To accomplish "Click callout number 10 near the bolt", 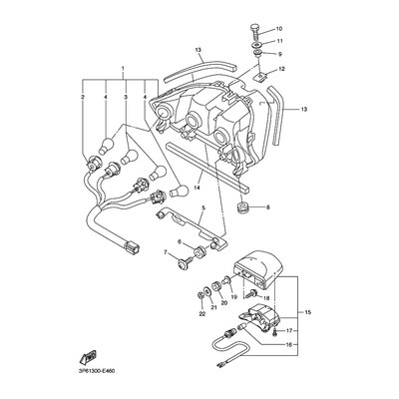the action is click(x=278, y=28).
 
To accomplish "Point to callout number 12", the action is click(x=282, y=69).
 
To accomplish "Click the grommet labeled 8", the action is click(x=244, y=207).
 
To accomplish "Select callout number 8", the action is click(x=268, y=207).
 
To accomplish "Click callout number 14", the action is click(x=197, y=188).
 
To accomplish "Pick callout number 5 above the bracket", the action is click(x=203, y=207).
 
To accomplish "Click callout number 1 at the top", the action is click(x=123, y=69).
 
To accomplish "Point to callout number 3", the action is click(x=126, y=97).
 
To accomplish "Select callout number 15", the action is click(x=308, y=312).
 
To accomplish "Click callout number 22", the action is click(x=202, y=313).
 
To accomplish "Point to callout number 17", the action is click(x=289, y=331).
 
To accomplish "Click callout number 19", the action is click(x=233, y=297).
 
